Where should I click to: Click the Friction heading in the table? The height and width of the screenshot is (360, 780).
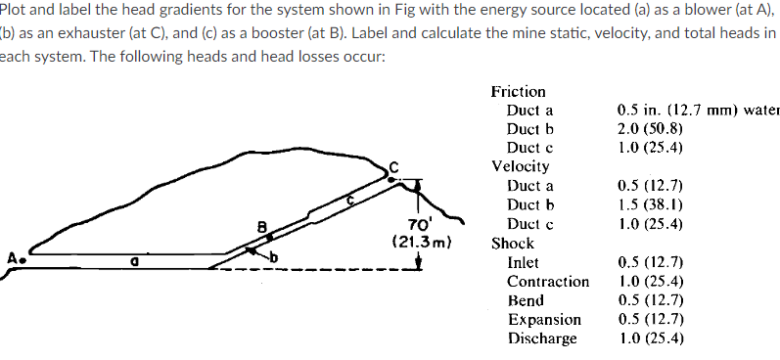point(518,91)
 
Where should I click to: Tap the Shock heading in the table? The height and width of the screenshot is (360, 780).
point(512,243)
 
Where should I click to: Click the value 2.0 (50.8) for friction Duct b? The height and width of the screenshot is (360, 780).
point(650,128)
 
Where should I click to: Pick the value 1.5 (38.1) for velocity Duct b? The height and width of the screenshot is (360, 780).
point(650,203)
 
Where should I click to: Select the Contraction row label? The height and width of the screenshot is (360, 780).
point(547,281)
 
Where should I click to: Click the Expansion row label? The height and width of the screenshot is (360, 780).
point(544,319)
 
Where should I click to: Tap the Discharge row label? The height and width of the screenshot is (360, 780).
point(542,337)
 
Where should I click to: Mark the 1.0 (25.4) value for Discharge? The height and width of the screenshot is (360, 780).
point(650,337)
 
